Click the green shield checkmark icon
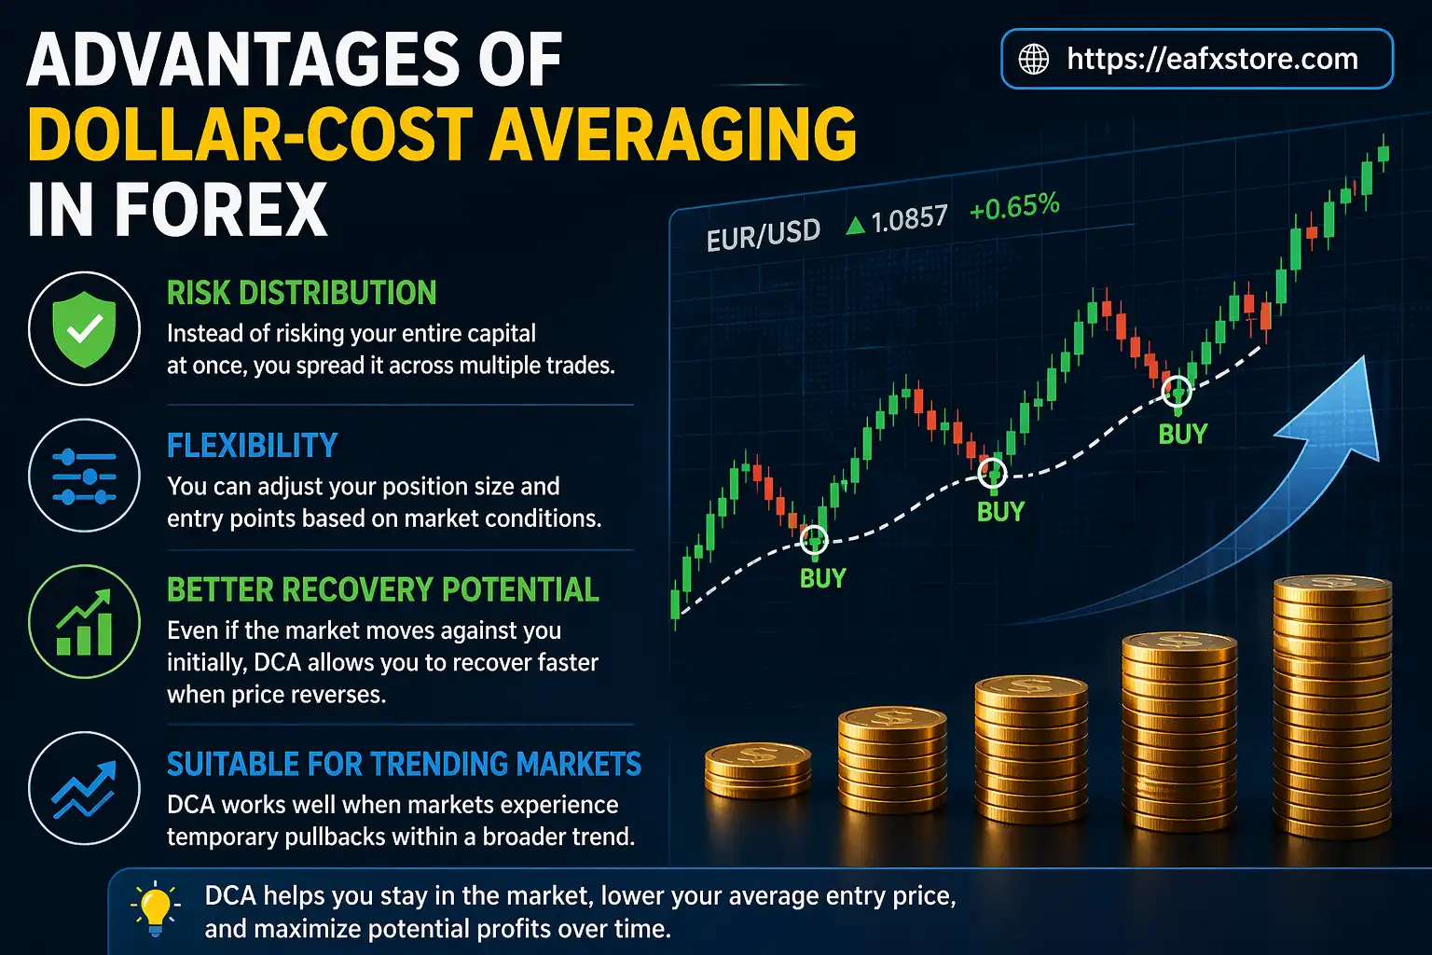85,329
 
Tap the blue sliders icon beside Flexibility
85,476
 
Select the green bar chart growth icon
85,622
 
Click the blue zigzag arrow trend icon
85,788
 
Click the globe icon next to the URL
1033,59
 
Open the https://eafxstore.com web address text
1212,59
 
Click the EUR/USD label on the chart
763,235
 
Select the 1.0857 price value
909,220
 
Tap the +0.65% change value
1014,206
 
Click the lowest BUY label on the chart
822,578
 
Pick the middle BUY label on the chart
1000,511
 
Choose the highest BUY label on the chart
1182,434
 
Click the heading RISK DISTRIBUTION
301,293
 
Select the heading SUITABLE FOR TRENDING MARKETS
404,765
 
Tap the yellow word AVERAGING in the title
672,134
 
